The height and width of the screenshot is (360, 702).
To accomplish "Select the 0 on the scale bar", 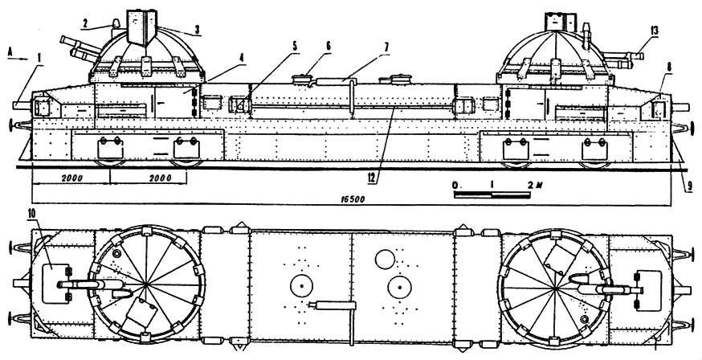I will pyautogui.click(x=455, y=186).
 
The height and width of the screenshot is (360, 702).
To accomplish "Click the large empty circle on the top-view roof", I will pyautogui.click(x=383, y=259).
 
